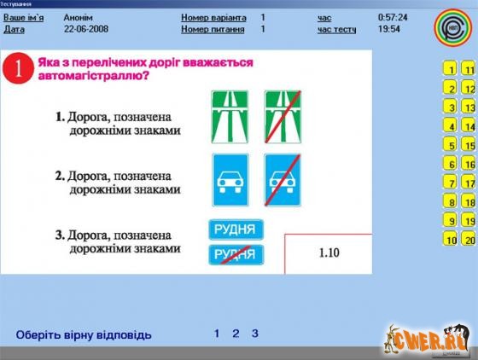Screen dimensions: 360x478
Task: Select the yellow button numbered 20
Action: tap(469, 240)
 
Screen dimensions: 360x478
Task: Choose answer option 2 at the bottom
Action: tap(236, 334)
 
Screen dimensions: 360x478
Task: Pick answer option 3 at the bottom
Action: tap(254, 334)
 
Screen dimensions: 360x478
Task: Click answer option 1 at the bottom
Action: tap(217, 334)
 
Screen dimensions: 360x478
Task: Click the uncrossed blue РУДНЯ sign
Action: tap(236, 229)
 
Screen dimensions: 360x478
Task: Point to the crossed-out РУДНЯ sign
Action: tap(236, 253)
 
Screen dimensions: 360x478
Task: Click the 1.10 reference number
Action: tap(329, 253)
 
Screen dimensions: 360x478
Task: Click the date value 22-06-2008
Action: tap(83, 28)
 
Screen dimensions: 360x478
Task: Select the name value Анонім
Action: tap(78, 17)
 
